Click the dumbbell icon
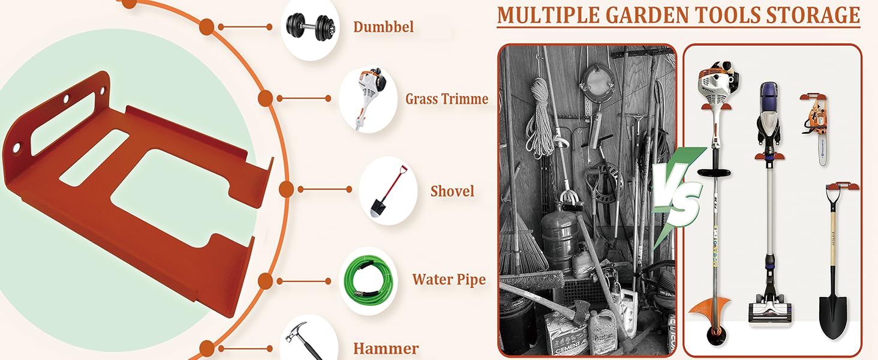309,27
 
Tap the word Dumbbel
383,27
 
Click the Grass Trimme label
447,98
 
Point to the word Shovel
452,191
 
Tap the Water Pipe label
449,280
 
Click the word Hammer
386,348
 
